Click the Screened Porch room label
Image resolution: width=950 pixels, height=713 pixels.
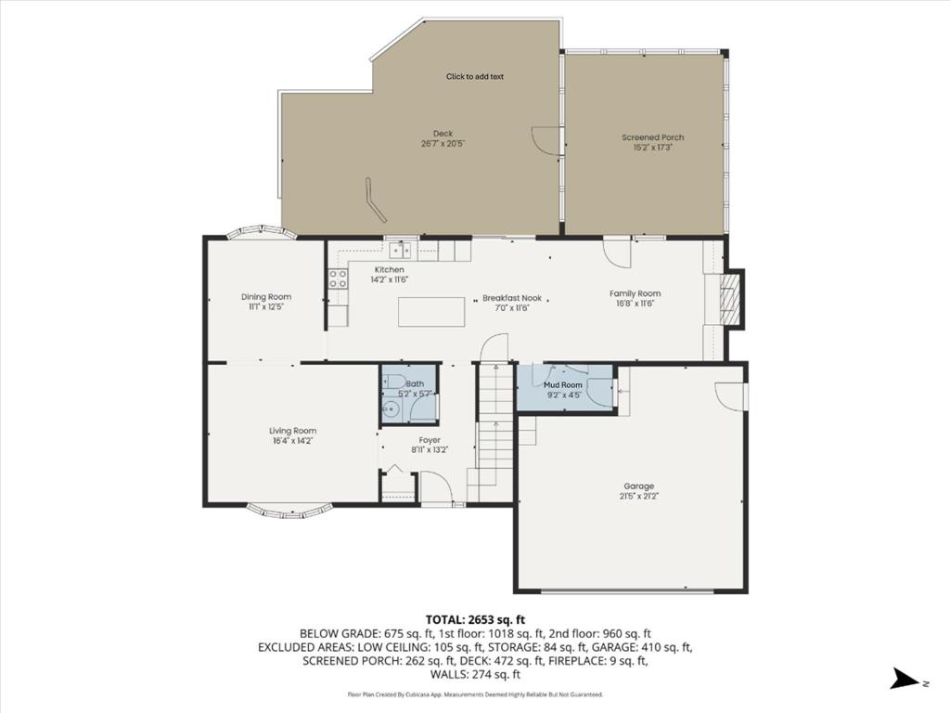pos(653,137)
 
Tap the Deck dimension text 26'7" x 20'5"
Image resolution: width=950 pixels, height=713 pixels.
pos(443,144)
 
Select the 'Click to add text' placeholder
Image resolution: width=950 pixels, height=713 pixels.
pos(475,77)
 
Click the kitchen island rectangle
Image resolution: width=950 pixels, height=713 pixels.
pos(431,311)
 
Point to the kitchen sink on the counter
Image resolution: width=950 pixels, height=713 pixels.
pos(402,249)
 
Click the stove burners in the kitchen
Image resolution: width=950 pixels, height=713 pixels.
pos(337,279)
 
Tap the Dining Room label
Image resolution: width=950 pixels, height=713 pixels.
pos(266,297)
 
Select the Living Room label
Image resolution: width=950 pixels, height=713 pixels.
pos(293,431)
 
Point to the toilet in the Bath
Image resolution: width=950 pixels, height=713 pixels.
pos(392,382)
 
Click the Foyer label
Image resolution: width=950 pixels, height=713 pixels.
pos(430,440)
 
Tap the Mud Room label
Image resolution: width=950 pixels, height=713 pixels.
pos(563,384)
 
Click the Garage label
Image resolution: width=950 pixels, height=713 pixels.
pos(638,486)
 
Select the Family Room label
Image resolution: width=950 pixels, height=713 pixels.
pos(635,293)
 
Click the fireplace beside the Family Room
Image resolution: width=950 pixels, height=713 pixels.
pos(733,298)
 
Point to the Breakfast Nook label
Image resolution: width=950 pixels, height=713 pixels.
pos(511,299)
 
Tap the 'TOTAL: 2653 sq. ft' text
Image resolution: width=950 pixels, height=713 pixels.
pos(475,619)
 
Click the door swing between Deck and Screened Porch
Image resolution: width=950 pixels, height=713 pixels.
pos(546,139)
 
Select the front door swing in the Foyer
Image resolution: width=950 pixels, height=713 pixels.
pos(433,488)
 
